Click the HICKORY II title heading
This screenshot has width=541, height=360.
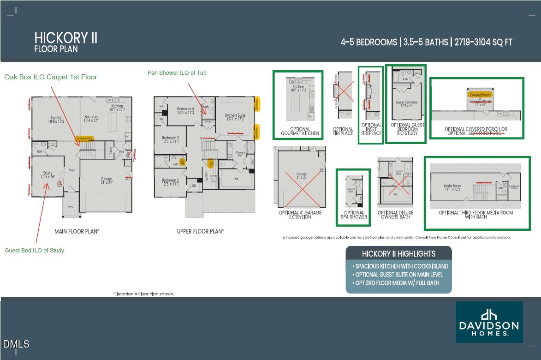(x=66, y=38)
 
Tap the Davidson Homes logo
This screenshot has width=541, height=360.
(x=489, y=322)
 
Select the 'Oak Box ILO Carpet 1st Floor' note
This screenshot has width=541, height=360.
(x=51, y=77)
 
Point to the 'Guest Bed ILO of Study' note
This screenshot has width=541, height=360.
(x=35, y=250)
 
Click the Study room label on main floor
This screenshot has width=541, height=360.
(x=48, y=174)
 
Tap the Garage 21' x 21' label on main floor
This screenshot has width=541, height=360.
(x=107, y=180)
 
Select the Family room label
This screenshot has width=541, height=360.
(x=56, y=119)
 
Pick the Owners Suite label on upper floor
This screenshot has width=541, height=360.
(x=235, y=117)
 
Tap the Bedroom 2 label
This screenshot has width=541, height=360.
(x=170, y=182)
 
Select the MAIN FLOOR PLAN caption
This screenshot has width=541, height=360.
(x=77, y=231)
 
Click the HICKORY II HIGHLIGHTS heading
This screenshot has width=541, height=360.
(x=398, y=253)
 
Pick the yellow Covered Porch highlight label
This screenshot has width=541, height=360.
(x=480, y=95)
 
